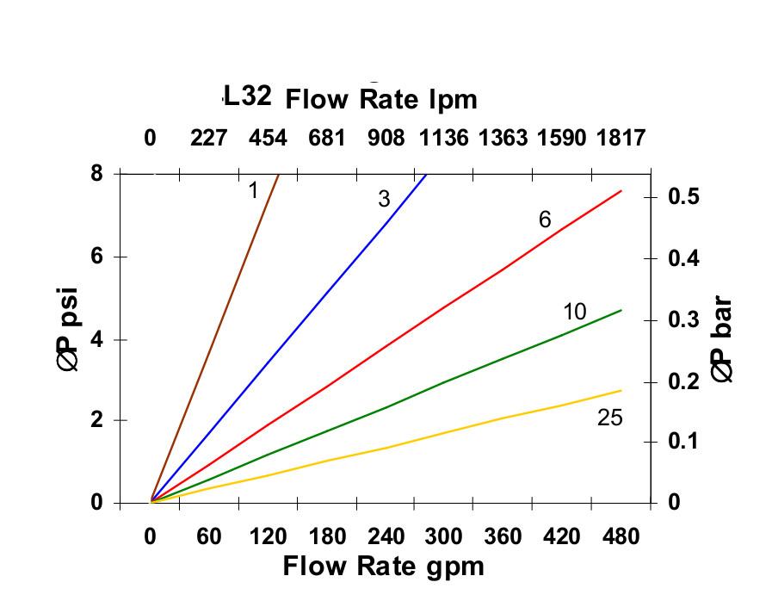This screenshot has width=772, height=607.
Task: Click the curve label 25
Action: click(x=609, y=418)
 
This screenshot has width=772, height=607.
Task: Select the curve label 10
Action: click(x=574, y=312)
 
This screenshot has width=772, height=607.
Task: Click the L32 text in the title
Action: click(x=248, y=96)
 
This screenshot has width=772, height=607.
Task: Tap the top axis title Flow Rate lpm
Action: click(x=380, y=100)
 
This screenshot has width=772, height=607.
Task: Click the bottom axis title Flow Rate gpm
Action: click(x=383, y=567)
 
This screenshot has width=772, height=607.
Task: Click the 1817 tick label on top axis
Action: click(x=620, y=138)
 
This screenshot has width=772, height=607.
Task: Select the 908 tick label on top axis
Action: click(x=386, y=138)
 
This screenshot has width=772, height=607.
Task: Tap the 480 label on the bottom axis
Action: click(x=621, y=536)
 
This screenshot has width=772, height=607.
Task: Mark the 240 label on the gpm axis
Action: click(x=386, y=536)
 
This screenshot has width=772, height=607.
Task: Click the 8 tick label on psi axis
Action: click(x=96, y=174)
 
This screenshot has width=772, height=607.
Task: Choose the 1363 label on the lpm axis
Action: click(x=503, y=138)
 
